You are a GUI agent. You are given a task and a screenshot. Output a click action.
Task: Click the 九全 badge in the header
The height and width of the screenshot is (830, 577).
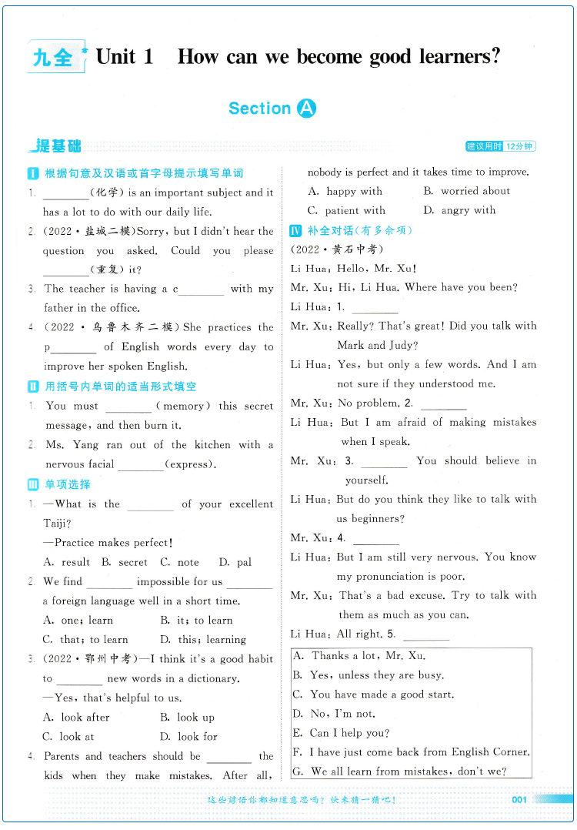pos(54,57)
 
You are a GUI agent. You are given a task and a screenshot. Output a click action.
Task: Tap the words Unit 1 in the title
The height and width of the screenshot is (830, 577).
pos(125,56)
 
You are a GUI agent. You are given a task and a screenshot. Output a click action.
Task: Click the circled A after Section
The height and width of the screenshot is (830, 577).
pos(305,109)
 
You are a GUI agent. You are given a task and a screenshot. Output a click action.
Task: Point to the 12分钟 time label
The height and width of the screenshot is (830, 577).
pos(519,146)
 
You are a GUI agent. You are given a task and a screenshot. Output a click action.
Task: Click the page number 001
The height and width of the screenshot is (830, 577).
pos(519,800)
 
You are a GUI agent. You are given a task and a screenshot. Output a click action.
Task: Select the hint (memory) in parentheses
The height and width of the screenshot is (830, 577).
pos(182,406)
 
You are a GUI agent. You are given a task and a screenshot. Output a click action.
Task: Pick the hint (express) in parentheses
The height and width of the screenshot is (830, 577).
pos(190,464)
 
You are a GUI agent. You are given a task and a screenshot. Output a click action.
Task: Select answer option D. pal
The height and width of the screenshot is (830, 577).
pos(235,562)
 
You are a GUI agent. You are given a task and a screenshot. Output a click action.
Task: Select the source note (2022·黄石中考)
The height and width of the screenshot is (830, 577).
pos(337,249)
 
